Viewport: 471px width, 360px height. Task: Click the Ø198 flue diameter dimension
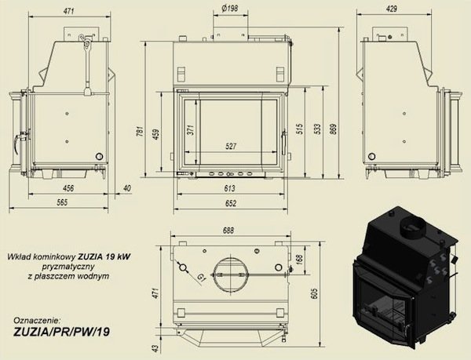[x=230, y=9]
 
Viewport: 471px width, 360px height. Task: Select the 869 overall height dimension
[x=333, y=129]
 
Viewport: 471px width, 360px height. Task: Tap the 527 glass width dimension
[x=231, y=147]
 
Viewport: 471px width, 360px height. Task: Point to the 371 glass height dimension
[x=191, y=130]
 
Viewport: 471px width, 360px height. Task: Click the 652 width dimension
[x=230, y=203]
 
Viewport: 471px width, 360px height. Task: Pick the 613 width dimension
[x=229, y=188]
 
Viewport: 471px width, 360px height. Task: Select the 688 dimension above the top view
[x=228, y=231]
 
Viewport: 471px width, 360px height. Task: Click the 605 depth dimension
[x=314, y=293]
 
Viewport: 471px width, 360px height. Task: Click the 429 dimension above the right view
[x=392, y=9]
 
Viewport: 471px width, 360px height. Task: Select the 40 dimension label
[x=127, y=188]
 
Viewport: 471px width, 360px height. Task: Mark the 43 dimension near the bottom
[x=155, y=347]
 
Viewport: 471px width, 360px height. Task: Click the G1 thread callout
[x=202, y=278]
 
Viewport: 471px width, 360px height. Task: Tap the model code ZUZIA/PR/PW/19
[x=61, y=332]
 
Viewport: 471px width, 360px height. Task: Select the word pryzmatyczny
[x=68, y=267]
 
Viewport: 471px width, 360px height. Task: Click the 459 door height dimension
[x=156, y=134]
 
